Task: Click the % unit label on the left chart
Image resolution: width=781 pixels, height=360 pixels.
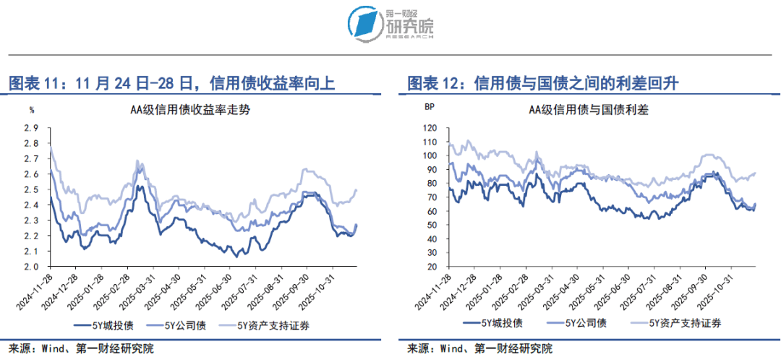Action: (32, 111)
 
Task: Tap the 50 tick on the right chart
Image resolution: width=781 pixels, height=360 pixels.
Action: (431, 225)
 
